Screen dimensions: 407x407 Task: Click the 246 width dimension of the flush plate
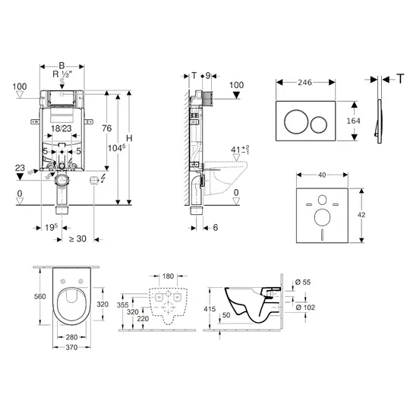(304, 83)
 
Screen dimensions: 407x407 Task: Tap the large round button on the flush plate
(296, 121)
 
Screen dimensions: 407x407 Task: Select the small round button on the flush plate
(319, 125)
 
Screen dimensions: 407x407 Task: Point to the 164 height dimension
(353, 121)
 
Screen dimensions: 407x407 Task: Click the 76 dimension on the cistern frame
(106, 128)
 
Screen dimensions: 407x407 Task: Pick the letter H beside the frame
(129, 138)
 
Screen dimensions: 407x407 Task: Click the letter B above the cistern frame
(62, 66)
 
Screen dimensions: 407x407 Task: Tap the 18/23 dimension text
(62, 128)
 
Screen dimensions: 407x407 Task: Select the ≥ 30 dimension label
(77, 238)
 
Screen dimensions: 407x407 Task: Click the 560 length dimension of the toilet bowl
(39, 296)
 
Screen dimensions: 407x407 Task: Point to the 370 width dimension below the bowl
(71, 347)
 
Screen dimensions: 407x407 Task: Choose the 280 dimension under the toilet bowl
(71, 337)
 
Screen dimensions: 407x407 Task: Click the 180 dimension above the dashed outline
(168, 276)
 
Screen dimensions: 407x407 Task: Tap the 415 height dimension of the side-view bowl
(210, 309)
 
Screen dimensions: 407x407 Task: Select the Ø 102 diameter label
(305, 308)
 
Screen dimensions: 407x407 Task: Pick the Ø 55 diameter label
(303, 282)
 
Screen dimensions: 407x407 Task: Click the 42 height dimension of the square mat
(361, 215)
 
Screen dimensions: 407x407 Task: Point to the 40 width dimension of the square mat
(322, 175)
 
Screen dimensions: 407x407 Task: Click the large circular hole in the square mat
(322, 217)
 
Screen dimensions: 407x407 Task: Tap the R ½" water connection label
(62, 74)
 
